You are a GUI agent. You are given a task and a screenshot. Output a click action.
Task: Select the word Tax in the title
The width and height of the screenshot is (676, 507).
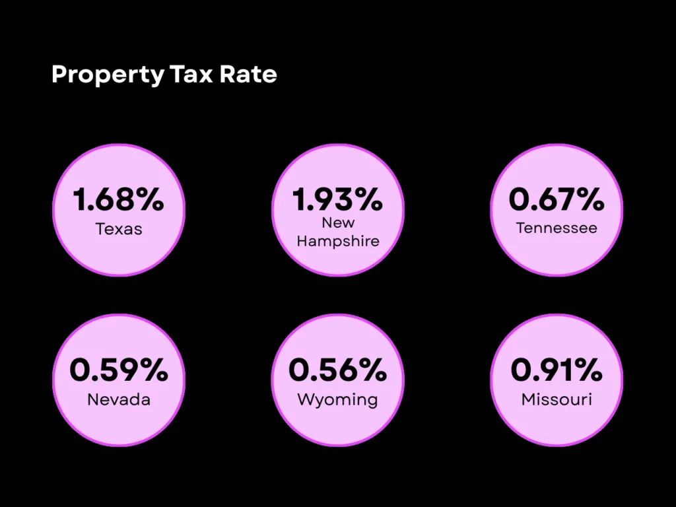[x=191, y=74]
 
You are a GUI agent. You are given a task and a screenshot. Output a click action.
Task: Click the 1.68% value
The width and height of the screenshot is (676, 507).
[x=119, y=200]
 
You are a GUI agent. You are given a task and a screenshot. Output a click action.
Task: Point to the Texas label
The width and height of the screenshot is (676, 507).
[x=119, y=229]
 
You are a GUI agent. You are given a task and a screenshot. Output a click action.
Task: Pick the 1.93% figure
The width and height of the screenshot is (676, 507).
[x=338, y=199]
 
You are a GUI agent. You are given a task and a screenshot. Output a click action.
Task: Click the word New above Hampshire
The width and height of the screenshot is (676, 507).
[x=338, y=223]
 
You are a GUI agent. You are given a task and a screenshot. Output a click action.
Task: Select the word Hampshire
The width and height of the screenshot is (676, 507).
[x=338, y=241]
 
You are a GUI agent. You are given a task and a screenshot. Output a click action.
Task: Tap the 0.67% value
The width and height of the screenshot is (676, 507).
[x=557, y=199]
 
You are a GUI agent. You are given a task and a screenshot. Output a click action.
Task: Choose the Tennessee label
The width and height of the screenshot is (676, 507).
[x=557, y=228]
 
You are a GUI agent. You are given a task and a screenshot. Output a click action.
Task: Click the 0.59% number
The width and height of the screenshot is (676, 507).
[x=119, y=370]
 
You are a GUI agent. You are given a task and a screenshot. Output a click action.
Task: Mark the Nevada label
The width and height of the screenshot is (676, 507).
[x=119, y=399]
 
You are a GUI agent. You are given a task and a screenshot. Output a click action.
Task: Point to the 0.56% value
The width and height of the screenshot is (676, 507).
[x=338, y=370]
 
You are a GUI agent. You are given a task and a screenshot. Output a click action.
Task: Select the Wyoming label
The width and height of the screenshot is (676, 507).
[x=338, y=399]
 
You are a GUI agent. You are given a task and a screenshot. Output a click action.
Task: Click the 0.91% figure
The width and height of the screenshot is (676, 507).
[x=557, y=370]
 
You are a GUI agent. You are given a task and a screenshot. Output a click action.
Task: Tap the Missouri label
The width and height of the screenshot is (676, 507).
[x=557, y=399]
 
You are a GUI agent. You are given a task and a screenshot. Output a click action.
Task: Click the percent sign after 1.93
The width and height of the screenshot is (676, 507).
[x=368, y=199]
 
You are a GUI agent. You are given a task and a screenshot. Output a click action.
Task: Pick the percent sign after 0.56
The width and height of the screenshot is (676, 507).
[x=372, y=370]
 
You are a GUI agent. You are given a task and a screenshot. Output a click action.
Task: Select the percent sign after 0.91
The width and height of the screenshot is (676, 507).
[x=588, y=370]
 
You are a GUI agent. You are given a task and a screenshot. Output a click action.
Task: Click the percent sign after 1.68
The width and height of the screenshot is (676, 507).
[x=149, y=200]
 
